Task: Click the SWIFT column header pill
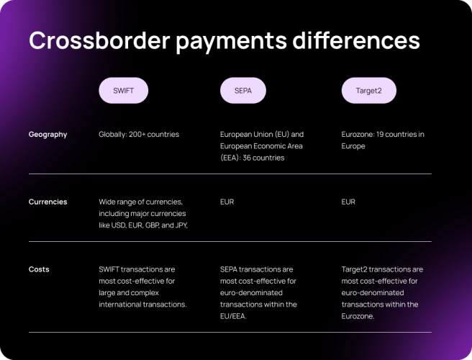pos(124,91)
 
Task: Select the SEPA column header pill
pos(242,91)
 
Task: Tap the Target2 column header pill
pos(368,91)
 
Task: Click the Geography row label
pos(48,135)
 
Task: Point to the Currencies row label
pos(48,202)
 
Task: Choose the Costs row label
pos(39,269)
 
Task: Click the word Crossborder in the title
pos(97,40)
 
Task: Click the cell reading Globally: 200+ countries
pos(139,135)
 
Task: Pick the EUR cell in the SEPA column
pos(227,202)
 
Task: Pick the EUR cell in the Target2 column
pos(348,202)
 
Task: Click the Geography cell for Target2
pos(383,140)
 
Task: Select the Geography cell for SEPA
pos(262,145)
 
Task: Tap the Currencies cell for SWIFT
pos(142,213)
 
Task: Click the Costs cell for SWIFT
pos(142,287)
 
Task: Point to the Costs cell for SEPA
pos(258,292)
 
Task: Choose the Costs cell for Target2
pos(382,292)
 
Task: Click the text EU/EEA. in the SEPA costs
pos(234,316)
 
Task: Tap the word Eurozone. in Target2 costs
pos(358,316)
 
